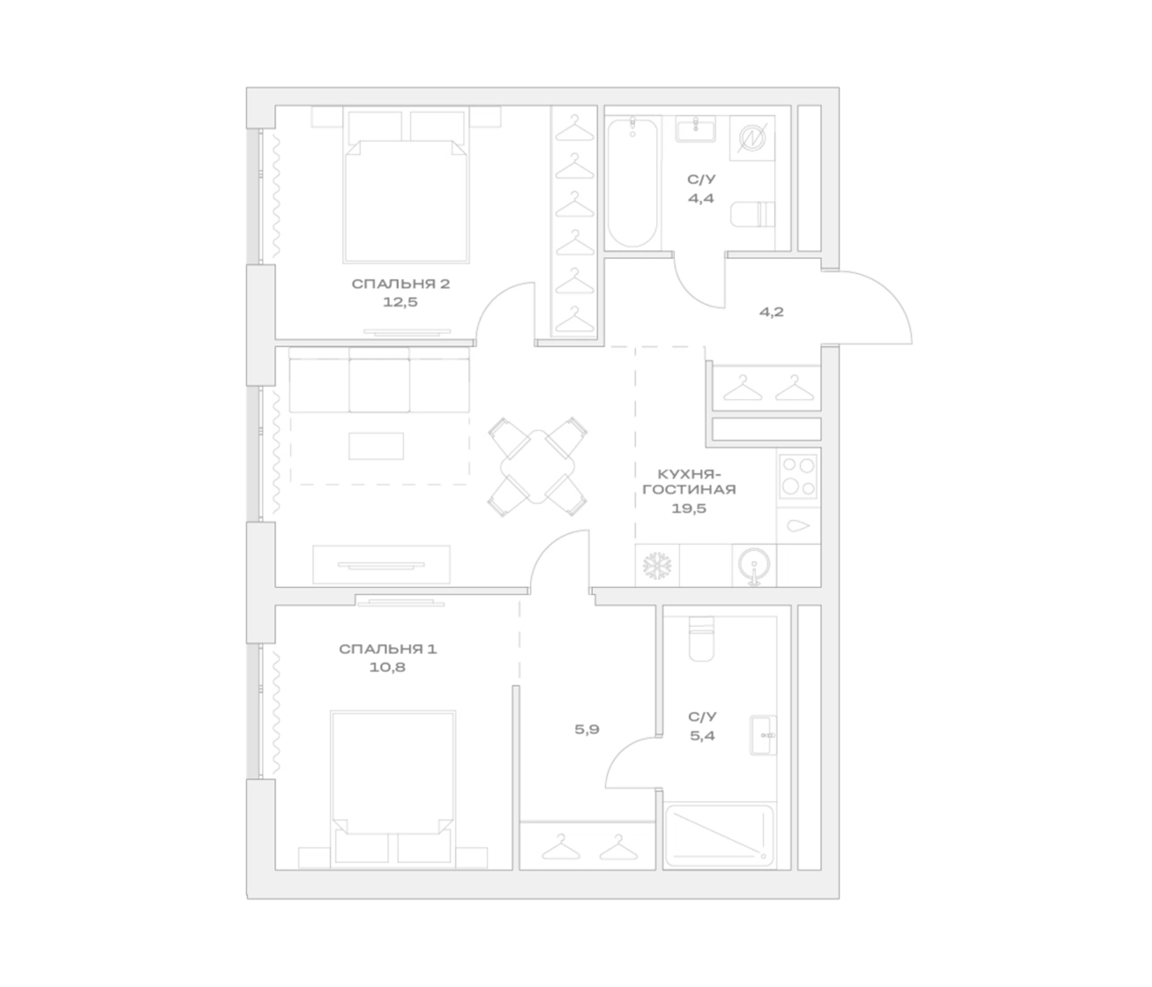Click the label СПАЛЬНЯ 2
click(x=401, y=284)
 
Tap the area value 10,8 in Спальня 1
click(x=387, y=667)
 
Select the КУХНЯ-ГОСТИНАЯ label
click(x=689, y=482)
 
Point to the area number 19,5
click(x=689, y=508)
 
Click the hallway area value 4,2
click(x=772, y=312)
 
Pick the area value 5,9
click(x=587, y=729)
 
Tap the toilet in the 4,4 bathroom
click(x=752, y=214)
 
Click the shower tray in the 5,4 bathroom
click(x=719, y=835)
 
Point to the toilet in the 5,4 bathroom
click(x=701, y=639)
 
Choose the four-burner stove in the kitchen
click(x=798, y=477)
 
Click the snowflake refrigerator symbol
click(x=657, y=566)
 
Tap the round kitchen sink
click(x=754, y=565)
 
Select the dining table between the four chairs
click(x=537, y=467)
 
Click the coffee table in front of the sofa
click(x=376, y=446)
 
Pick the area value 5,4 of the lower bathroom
click(x=703, y=736)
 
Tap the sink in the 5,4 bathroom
click(x=763, y=735)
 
